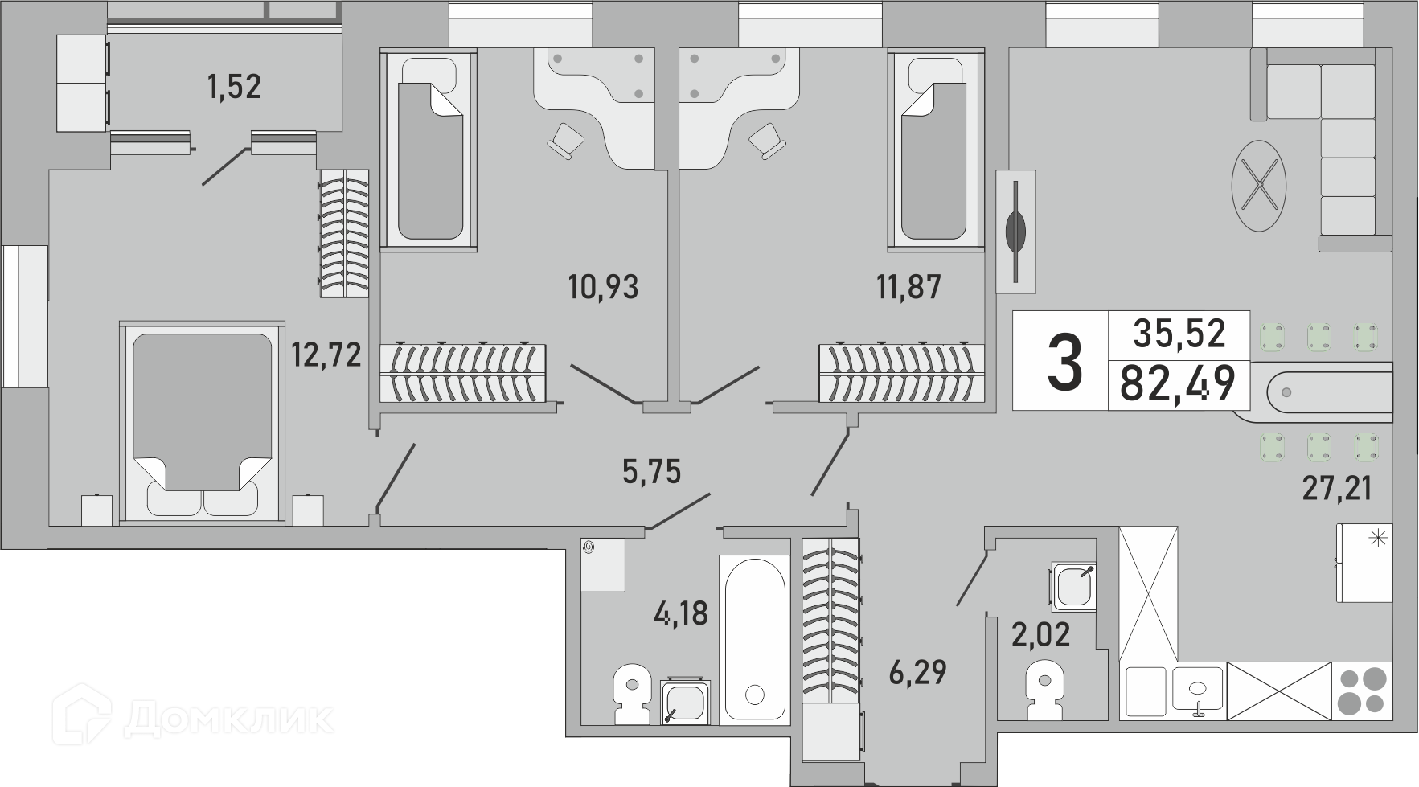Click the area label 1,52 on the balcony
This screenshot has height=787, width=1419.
pos(234,86)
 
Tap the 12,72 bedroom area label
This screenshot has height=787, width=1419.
pos(326,354)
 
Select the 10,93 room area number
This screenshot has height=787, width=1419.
pos(603,286)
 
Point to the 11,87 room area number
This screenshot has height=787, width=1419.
pos(908,286)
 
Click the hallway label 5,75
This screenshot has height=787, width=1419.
pos(651,471)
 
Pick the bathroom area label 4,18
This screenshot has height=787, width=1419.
pos(681,613)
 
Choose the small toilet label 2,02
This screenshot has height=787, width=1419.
pos(1041,635)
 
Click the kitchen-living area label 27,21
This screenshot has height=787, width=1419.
pos(1336,487)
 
